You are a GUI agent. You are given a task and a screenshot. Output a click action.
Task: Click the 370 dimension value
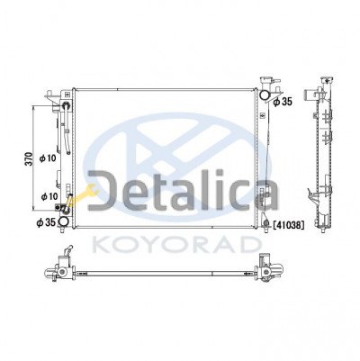pos(28,159)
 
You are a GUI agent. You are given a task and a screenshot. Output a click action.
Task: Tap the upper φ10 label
pos(48,158)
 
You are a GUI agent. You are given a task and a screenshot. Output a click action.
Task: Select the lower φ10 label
pos(49,196)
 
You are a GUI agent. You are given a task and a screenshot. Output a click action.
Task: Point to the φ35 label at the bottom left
pos(46,222)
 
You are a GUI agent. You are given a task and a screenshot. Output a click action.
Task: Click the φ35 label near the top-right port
pos(283,102)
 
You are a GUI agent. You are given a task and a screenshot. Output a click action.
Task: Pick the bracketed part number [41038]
pos(289,224)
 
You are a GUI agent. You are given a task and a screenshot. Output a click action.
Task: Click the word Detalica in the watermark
pos(183,190)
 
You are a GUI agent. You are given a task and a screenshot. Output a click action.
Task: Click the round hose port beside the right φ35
pos(265,95)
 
